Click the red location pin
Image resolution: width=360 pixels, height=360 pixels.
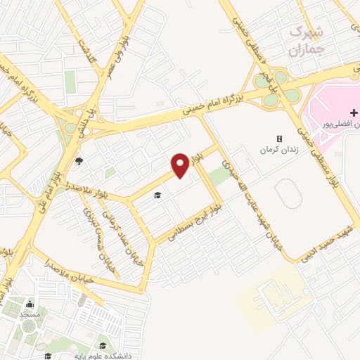tap(181, 166)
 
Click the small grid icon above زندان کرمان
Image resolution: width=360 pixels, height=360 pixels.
tap(279, 139)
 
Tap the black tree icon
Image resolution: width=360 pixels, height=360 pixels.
tap(79, 161)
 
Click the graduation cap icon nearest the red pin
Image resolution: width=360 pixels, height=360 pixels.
tap(157, 195)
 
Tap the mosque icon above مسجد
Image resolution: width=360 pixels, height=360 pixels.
tap(30, 304)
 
